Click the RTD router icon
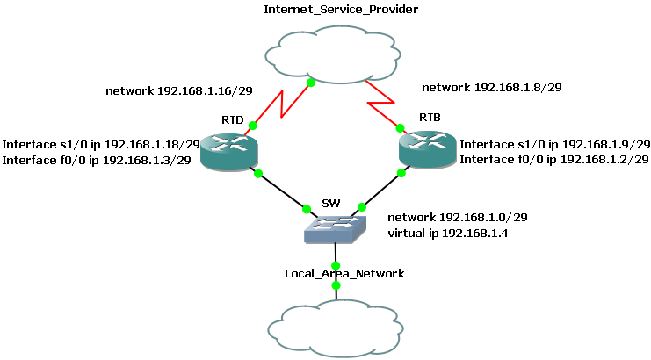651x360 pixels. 228,151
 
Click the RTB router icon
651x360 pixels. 426,149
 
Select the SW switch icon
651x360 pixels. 336,230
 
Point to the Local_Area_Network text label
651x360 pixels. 344,274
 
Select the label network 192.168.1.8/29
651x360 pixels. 492,88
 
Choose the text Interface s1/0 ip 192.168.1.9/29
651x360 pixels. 555,144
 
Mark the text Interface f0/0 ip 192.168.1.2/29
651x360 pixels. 554,160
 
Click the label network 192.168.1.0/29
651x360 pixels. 457,217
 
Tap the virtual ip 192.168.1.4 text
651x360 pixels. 447,234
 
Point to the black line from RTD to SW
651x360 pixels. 283,191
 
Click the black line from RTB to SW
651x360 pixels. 381,191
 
